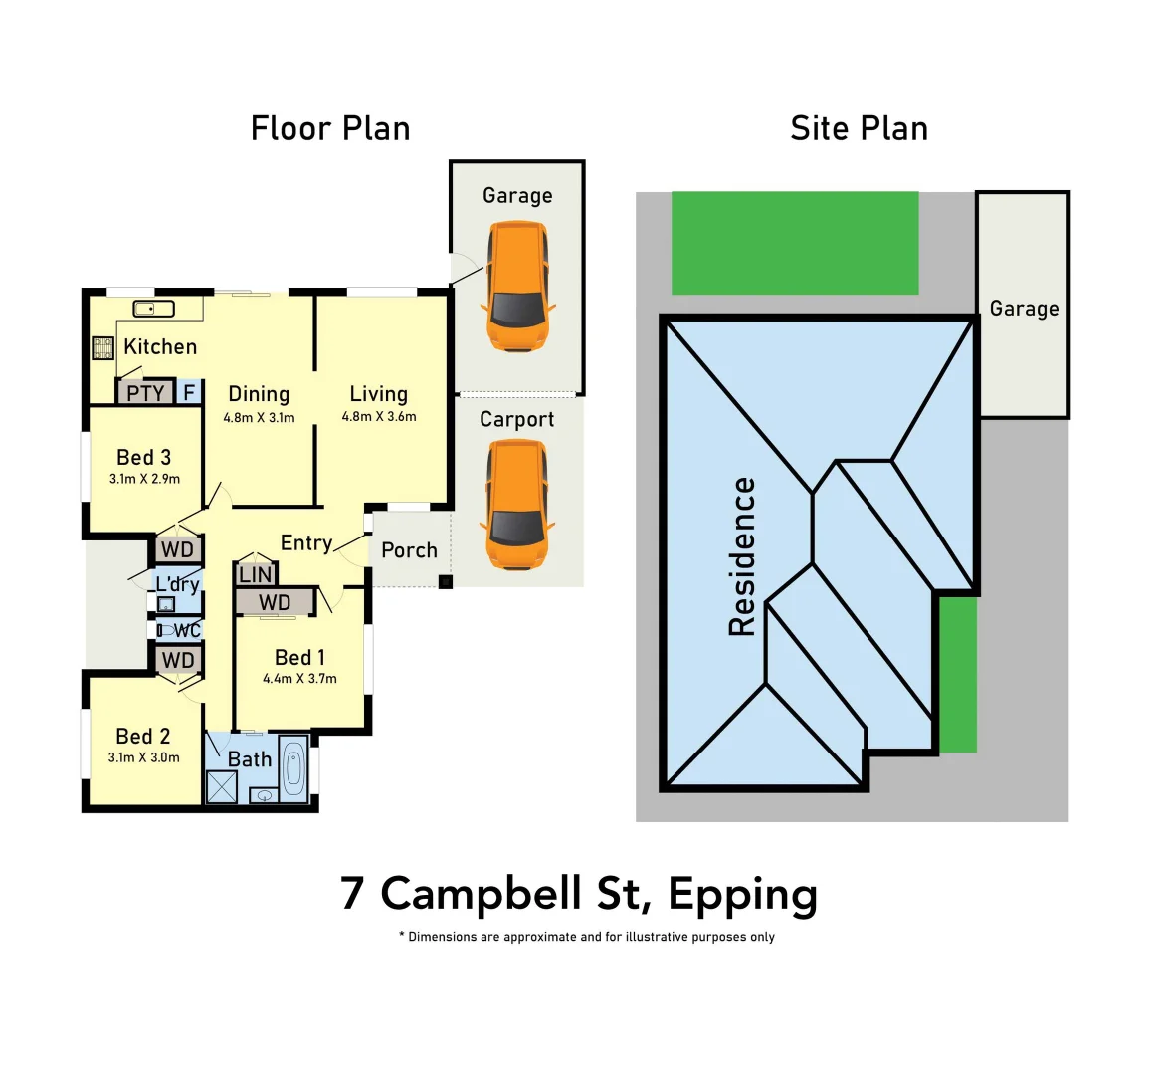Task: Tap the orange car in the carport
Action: coord(516,505)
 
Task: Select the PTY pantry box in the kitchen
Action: coord(145,393)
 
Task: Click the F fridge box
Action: coord(189,393)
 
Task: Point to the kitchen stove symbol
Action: coord(103,348)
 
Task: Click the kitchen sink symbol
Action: coord(154,309)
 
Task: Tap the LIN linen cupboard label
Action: coord(256,574)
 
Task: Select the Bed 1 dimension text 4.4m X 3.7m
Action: coord(299,679)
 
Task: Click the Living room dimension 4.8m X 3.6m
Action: coord(379,417)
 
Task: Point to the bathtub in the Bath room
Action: coord(293,768)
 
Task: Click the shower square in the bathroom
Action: coord(221,786)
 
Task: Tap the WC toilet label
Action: coord(187,630)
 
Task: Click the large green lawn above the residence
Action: coord(795,243)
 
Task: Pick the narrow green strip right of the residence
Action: coord(958,674)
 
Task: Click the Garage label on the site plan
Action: coord(1024,309)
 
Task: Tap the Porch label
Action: coord(409,550)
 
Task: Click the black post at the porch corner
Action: coord(446,582)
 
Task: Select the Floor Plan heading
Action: coord(330,128)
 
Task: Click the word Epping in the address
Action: coord(742,894)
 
